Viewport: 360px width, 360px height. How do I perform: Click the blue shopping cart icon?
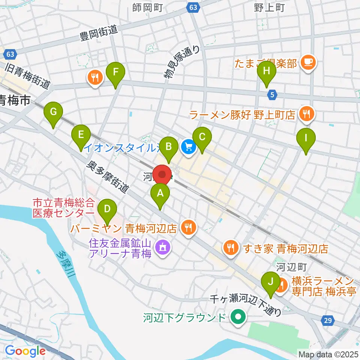188,146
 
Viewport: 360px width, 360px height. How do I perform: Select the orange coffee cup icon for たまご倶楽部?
309,61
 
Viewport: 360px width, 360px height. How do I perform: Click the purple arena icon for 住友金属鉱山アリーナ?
162,247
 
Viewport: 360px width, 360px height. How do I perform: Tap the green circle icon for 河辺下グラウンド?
237,318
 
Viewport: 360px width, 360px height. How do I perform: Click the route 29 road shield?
328,320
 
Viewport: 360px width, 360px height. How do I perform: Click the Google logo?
25,351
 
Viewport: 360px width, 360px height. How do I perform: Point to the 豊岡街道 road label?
99,33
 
